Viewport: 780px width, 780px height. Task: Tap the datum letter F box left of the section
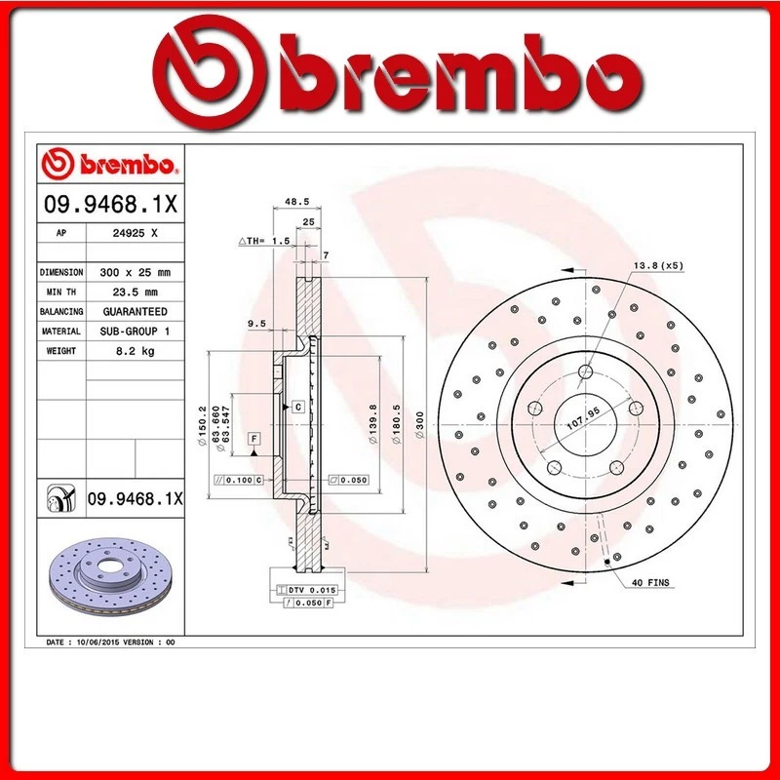[x=253, y=438]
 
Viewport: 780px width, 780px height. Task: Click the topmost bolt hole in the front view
[x=585, y=371]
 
